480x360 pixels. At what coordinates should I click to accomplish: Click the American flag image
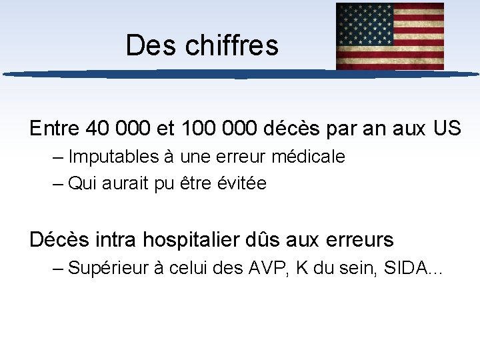click(x=390, y=36)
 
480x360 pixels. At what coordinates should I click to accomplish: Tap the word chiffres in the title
click(x=231, y=46)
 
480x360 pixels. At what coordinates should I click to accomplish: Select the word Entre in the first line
click(x=55, y=127)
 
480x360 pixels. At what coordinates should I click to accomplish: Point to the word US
click(x=446, y=127)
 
